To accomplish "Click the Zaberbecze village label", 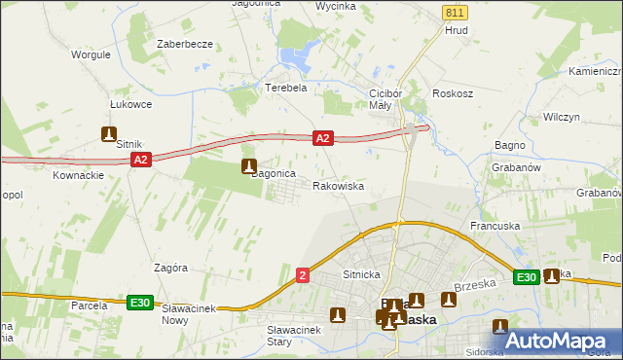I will coord(185,45).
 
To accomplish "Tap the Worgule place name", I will coord(91,54).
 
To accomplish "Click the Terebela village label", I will coord(286,87).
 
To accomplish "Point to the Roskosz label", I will coord(454,94).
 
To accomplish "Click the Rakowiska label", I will coord(338,185).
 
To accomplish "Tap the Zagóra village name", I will coord(170,267).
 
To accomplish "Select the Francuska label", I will coord(495,226).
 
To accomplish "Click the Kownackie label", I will coord(79,175).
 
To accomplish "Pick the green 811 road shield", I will coord(453,12).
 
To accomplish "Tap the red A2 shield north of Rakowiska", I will coord(324,139).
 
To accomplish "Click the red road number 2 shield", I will coord(304,277).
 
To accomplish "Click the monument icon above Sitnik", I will coord(109,135).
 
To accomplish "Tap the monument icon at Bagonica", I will coord(250,166).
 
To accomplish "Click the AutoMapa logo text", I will coord(569,341).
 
